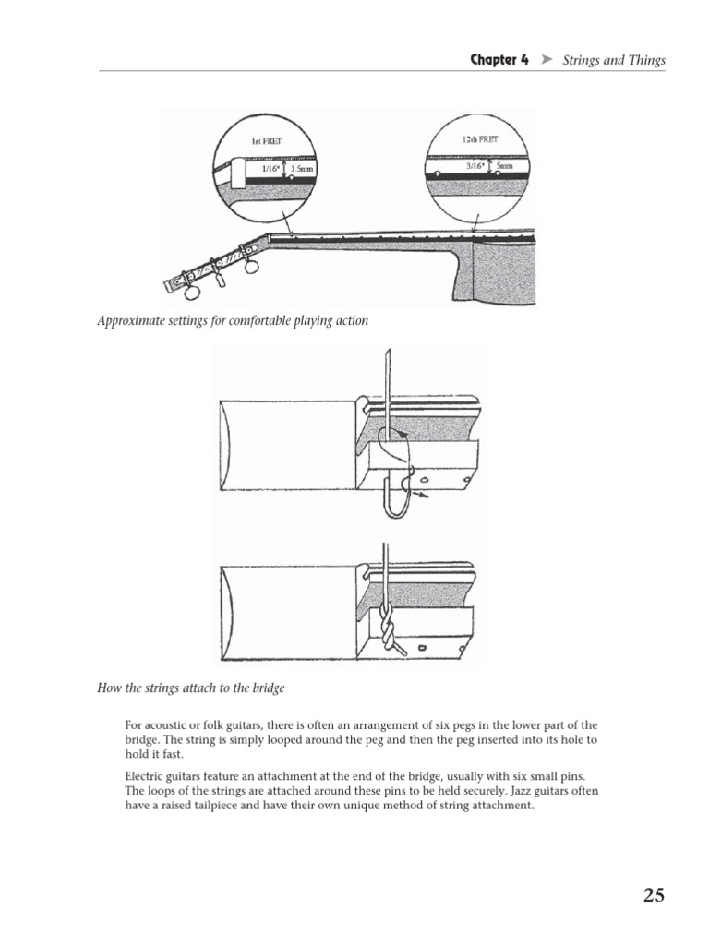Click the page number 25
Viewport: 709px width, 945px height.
[654, 894]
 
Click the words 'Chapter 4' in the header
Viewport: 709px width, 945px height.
[499, 60]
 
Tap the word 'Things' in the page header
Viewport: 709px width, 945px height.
[644, 60]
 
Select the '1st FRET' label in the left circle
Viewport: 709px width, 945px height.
[267, 142]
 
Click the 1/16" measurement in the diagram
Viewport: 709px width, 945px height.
[270, 170]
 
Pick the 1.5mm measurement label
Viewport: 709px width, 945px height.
[301, 170]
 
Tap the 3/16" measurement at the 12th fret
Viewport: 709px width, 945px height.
[475, 166]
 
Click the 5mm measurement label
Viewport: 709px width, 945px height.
[504, 166]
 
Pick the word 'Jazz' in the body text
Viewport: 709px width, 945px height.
[495, 791]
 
